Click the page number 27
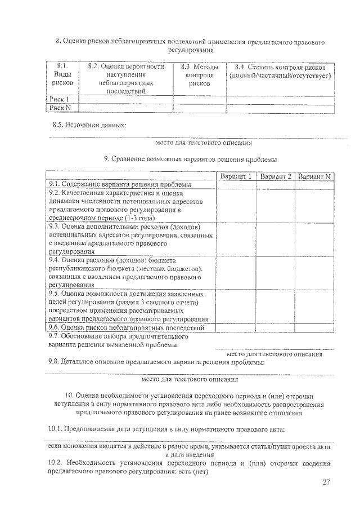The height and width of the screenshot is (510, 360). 327,482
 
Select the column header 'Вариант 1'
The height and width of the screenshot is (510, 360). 236,177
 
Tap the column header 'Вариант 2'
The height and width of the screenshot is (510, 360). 276,177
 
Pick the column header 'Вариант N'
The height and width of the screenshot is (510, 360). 314,177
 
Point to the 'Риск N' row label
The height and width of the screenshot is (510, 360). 60,107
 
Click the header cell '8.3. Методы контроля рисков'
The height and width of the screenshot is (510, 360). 197,75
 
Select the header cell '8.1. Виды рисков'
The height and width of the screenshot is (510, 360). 62,75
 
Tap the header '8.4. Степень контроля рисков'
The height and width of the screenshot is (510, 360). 280,71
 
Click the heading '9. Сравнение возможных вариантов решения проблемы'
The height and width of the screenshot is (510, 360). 191,159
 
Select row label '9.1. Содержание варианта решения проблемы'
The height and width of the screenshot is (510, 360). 120,184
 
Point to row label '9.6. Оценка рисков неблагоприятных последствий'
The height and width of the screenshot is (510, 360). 126,327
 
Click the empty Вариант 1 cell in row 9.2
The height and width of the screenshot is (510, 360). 236,205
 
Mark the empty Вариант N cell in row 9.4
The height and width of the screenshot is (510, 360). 314,273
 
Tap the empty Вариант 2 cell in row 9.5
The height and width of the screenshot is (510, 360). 276,306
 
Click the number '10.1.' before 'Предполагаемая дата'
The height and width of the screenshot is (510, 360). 55,430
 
